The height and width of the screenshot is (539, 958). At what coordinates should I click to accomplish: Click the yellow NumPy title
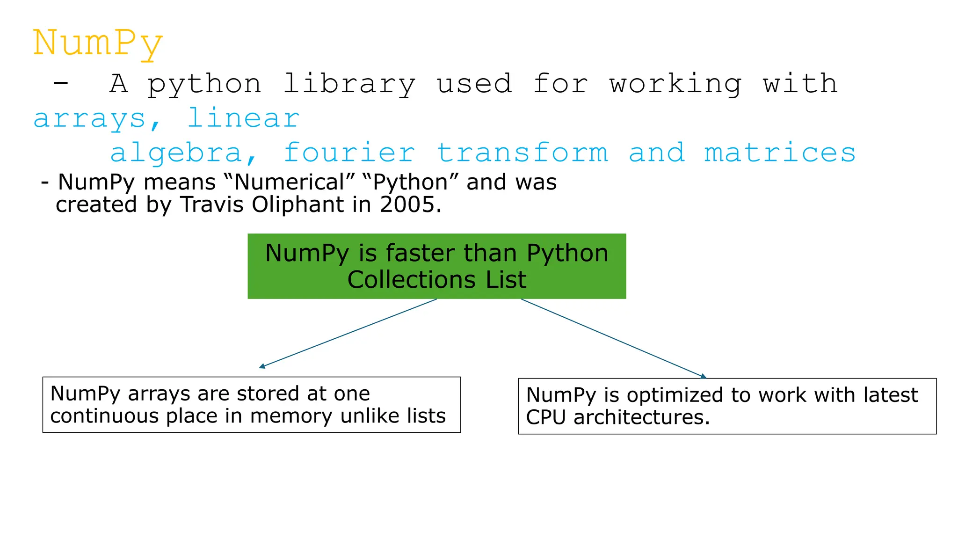point(98,43)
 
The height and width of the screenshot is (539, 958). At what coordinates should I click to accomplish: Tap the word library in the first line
point(349,84)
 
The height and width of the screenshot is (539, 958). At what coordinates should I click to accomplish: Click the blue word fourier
point(349,153)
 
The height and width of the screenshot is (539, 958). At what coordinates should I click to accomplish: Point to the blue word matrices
point(780,153)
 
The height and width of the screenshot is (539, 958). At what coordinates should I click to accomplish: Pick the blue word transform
point(522,153)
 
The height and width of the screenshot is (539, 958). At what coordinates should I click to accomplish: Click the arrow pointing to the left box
point(349,333)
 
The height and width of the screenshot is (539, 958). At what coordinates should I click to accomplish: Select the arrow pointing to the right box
point(613,338)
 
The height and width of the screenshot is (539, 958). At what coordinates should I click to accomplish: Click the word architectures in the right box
point(641,417)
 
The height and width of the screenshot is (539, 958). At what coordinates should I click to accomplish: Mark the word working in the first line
point(675,84)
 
